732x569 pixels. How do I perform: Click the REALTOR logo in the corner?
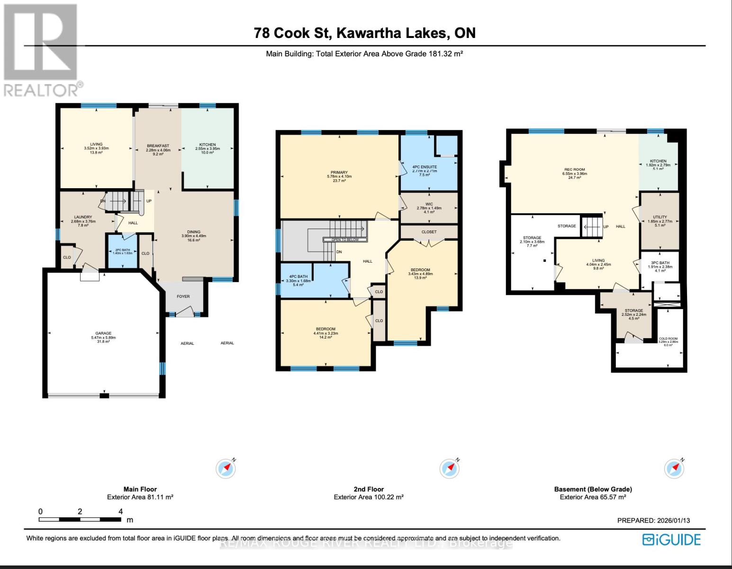[x=42, y=50]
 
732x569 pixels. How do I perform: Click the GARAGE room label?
[x=103, y=333]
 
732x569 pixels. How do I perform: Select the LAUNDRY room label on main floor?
[x=83, y=217]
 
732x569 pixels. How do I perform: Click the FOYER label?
[x=183, y=296]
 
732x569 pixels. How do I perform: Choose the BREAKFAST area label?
[x=158, y=146]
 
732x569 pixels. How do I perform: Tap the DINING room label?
[x=193, y=232]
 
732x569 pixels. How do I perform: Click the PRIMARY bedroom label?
[x=339, y=173]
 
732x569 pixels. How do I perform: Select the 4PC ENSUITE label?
[x=425, y=167]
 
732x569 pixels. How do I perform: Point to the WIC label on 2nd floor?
[x=429, y=204]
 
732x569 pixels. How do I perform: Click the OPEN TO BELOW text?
[x=345, y=240]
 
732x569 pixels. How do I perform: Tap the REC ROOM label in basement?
[x=574, y=170]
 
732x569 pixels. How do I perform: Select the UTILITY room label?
[x=660, y=217]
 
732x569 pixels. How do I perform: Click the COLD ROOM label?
[x=668, y=339]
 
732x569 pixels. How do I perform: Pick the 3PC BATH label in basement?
[x=660, y=263]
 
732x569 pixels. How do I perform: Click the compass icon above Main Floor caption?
[x=226, y=468]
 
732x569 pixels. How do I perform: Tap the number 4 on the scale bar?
[x=121, y=511]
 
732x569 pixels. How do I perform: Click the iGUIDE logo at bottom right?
[x=671, y=540]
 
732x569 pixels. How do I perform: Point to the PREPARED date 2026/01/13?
[x=653, y=520]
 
